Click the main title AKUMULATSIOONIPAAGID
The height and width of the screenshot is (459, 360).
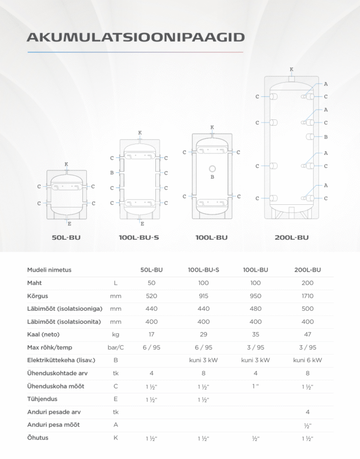pos(136,37)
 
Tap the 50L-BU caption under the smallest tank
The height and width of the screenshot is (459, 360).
pos(66,237)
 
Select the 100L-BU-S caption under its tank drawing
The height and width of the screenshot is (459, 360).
pos(139,237)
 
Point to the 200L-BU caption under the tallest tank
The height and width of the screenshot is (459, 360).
pos(292,237)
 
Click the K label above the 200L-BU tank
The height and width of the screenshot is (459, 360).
pos(292,69)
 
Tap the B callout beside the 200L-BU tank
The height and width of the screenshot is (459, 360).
pos(326,137)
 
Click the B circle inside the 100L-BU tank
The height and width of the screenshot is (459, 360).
pos(212,169)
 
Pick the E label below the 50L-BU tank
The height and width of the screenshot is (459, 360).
pos(69,224)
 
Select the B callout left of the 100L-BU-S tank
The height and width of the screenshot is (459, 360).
pos(112,173)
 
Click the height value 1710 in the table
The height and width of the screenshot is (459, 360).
pos(308,296)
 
